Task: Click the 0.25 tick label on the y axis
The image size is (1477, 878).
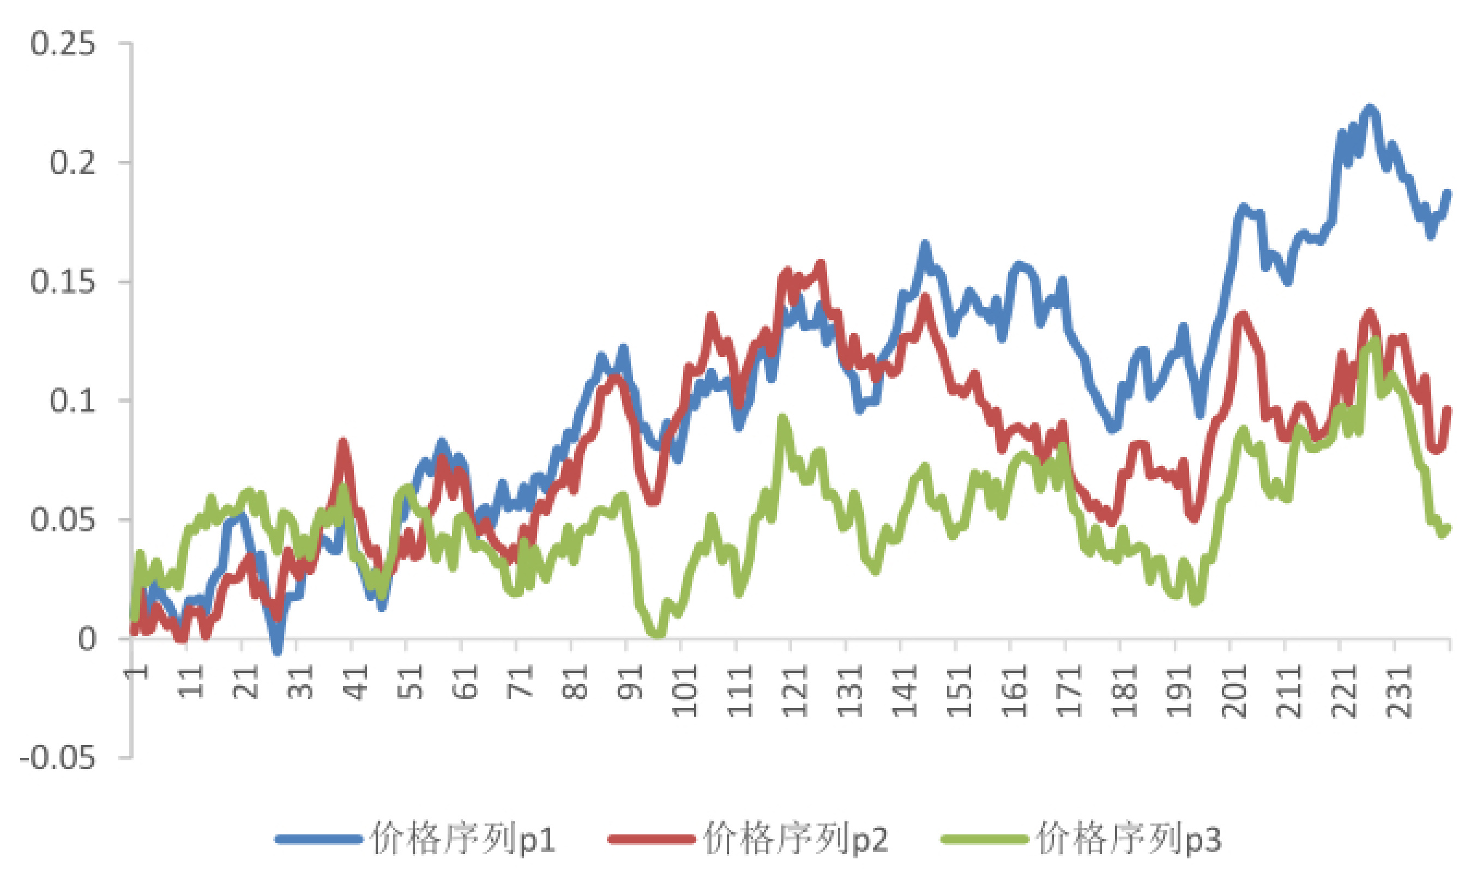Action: (x=63, y=44)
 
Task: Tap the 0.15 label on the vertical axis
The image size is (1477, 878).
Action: (x=63, y=282)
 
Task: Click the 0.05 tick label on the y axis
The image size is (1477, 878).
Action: (x=63, y=520)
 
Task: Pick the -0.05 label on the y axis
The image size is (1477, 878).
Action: (x=57, y=758)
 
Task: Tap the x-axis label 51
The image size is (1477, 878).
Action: (x=411, y=682)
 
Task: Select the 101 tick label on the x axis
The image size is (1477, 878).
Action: (x=685, y=691)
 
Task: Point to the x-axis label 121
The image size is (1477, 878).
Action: (x=795, y=691)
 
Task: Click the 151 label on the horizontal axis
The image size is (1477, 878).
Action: (x=960, y=691)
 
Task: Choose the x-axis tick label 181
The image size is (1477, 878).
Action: (x=1124, y=691)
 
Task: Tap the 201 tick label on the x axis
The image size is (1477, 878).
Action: (x=1234, y=691)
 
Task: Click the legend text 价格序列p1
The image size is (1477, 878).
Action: (x=463, y=839)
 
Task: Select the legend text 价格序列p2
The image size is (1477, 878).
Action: (x=796, y=839)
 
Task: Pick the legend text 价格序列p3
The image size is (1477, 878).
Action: (x=1129, y=839)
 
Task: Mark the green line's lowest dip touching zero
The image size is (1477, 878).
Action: (x=658, y=634)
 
